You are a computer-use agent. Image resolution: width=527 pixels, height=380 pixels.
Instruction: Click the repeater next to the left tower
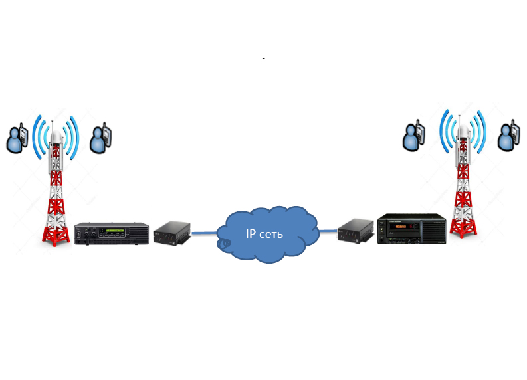(x=111, y=233)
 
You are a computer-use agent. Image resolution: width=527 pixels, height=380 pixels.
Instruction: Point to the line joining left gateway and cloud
(x=207, y=233)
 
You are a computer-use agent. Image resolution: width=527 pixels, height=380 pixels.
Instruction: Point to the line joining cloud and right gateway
(x=326, y=230)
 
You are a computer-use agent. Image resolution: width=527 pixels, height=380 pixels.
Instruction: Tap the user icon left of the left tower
(x=17, y=138)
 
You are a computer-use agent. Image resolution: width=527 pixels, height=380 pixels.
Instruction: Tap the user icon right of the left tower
(x=101, y=138)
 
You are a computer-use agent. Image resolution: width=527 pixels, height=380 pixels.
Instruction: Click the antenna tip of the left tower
(x=56, y=120)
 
